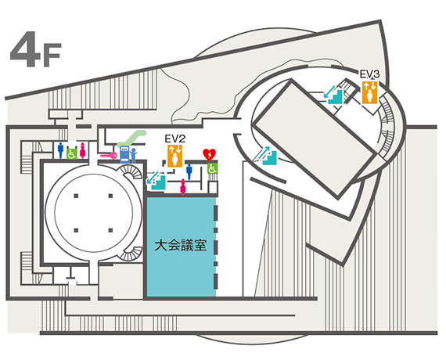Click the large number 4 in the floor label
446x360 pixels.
[x=26, y=49]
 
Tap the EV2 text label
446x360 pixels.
[x=175, y=139]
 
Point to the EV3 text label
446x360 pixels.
[x=369, y=74]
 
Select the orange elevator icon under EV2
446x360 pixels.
[x=175, y=156]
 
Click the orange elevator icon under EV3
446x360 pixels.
[x=369, y=92]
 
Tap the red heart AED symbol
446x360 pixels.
[x=210, y=154]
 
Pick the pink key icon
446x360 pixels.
[x=109, y=156]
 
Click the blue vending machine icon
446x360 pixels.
[x=124, y=154]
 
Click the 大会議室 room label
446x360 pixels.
[x=180, y=245]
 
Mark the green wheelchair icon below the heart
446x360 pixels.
[x=212, y=168]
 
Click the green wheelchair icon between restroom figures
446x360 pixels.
[x=72, y=153]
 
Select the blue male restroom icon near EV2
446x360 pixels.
[x=189, y=172]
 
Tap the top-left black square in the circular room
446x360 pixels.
[x=76, y=196]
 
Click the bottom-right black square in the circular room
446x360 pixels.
[x=110, y=230]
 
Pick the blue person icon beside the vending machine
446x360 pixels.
[x=134, y=156]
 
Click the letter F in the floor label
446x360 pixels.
[x=52, y=55]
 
